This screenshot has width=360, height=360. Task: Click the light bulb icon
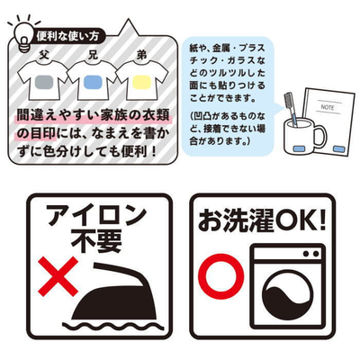pyautogui.click(x=24, y=37)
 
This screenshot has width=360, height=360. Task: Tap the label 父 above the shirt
pyautogui.click(x=44, y=55)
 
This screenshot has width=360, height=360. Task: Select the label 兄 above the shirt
pyautogui.click(x=93, y=55)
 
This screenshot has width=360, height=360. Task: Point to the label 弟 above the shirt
pyautogui.click(x=141, y=55)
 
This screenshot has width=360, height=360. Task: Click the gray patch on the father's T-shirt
pyautogui.click(x=44, y=82)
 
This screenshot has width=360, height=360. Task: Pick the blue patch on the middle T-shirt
pyautogui.click(x=93, y=82)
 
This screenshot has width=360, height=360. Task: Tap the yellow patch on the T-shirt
pyautogui.click(x=141, y=82)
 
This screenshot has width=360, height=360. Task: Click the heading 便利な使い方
pyautogui.click(x=67, y=37)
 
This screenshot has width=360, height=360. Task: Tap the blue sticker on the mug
pyautogui.click(x=299, y=148)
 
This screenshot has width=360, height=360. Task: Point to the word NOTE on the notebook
pyautogui.click(x=328, y=106)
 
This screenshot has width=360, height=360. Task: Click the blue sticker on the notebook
pyautogui.click(x=339, y=148)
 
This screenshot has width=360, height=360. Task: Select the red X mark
pyautogui.click(x=58, y=276)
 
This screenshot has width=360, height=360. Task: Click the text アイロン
pyautogui.click(x=97, y=214)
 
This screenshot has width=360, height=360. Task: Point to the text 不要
pyautogui.click(x=98, y=242)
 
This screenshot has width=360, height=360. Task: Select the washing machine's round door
pyautogui.click(x=288, y=295)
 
